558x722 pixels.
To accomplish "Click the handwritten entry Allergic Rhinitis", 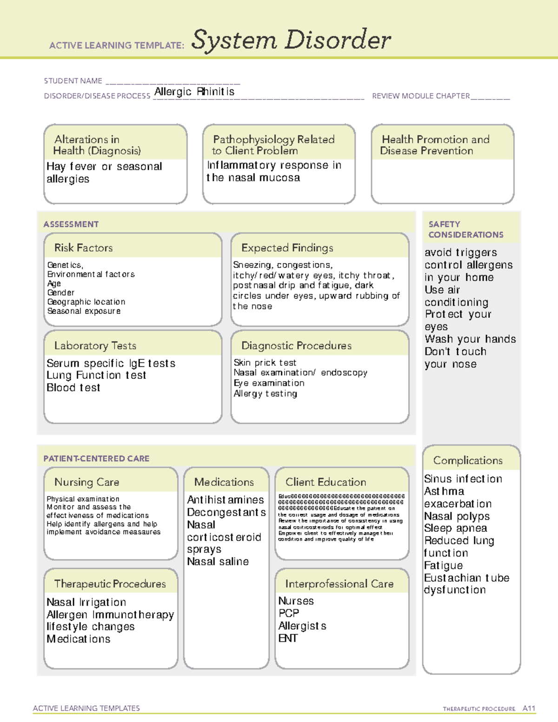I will [x=194, y=92].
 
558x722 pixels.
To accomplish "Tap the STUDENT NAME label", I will [x=73, y=81].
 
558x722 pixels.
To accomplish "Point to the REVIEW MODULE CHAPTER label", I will [x=421, y=96].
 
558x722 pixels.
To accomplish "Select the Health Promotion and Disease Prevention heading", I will [x=435, y=145].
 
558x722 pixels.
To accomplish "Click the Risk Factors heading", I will [x=83, y=248].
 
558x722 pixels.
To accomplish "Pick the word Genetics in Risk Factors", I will [x=65, y=265].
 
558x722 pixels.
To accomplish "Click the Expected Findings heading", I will [x=287, y=248].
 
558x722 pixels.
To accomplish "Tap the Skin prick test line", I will [x=265, y=363].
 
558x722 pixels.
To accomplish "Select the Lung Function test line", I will [x=96, y=375].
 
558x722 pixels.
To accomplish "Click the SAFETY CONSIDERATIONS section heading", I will [x=465, y=230].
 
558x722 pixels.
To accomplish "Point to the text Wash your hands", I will [x=470, y=339].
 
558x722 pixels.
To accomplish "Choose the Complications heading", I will [x=468, y=460].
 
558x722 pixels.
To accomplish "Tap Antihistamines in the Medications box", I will [x=225, y=500].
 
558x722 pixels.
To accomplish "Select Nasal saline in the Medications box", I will [x=218, y=562].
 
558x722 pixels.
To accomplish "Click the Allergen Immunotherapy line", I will [x=110, y=615].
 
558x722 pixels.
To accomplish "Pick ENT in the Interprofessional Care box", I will [x=288, y=638].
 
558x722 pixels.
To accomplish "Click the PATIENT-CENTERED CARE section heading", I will [x=96, y=458].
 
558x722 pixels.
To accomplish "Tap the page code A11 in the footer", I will [x=529, y=709].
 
